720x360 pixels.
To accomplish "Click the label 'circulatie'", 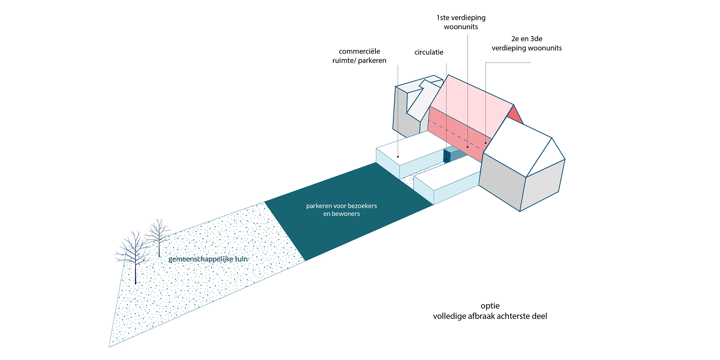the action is click(429, 52).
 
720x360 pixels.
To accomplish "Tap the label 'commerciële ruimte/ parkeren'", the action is click(359, 56).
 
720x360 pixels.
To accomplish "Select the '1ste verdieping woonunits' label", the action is click(461, 22).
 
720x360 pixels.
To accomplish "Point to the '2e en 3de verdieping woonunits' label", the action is click(527, 43).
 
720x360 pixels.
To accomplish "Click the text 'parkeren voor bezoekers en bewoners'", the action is click(342, 210).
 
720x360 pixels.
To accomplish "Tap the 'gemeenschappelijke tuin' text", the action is click(208, 259).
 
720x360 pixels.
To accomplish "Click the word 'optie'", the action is click(490, 306).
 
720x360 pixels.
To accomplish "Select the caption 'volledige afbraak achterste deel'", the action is click(490, 316).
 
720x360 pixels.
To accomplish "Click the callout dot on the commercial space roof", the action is click(398, 157).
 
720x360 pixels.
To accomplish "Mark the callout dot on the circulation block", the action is click(446, 159).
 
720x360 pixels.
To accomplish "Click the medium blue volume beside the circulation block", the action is click(458, 153).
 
